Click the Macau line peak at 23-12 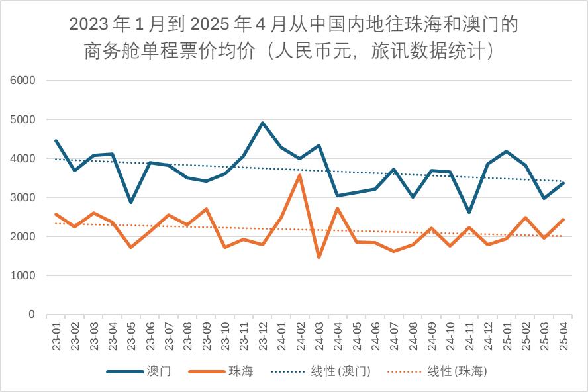[x=262, y=123]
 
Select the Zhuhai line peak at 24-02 [x=300, y=175]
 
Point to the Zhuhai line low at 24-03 [x=318, y=257]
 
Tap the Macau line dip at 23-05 [x=131, y=202]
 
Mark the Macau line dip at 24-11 [x=469, y=212]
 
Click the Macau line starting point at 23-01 [x=56, y=141]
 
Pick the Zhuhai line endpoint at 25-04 [x=562, y=220]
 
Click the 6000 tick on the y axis [x=23, y=81]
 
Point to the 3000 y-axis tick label [x=23, y=198]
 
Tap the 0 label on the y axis [x=31, y=315]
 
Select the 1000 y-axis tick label [x=23, y=275]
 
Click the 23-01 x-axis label [x=56, y=335]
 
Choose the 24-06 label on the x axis [x=375, y=335]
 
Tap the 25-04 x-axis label [x=562, y=335]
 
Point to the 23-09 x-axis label [x=206, y=335]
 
